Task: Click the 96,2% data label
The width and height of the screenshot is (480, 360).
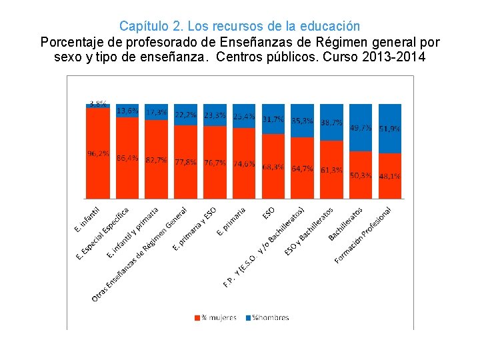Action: point(97,153)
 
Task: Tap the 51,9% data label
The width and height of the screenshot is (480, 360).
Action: point(390,129)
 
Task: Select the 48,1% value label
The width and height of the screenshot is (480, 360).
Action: point(390,177)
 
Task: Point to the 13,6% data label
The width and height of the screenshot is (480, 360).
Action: point(127,111)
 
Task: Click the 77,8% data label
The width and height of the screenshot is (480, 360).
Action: point(185,161)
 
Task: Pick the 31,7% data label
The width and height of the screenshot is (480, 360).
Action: point(273,119)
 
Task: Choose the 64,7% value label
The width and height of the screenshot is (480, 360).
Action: point(302,169)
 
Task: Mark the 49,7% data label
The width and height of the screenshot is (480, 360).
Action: point(361,127)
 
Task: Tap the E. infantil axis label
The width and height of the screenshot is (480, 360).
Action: point(87,219)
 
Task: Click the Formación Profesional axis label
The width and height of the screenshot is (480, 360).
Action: point(363,234)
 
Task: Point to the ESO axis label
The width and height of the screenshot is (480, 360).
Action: point(269,213)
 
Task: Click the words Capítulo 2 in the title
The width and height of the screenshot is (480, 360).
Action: point(151,27)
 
